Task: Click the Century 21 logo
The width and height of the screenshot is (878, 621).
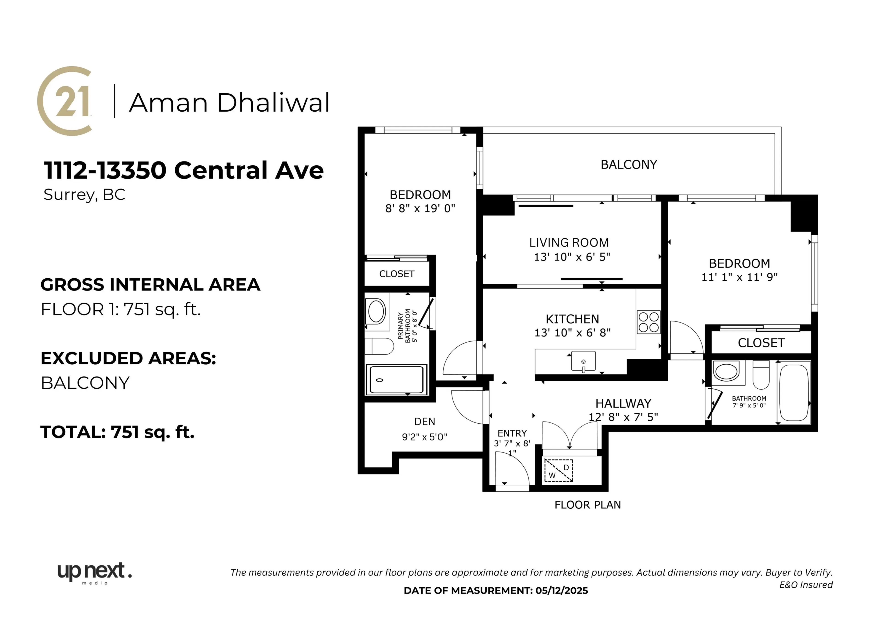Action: [65, 101]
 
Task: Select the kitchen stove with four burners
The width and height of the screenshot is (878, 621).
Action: [649, 322]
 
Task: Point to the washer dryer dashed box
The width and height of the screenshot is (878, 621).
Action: [559, 471]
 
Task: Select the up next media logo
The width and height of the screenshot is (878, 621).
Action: [94, 573]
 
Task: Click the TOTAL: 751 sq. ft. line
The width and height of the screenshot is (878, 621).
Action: [117, 432]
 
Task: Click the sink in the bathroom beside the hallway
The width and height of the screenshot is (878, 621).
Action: [726, 371]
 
